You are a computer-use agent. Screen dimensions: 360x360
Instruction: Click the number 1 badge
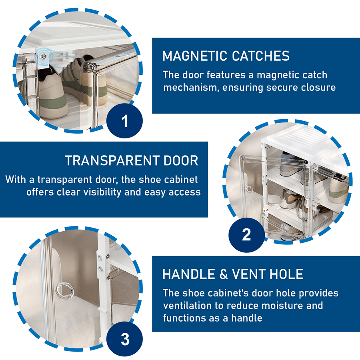tap(125, 121)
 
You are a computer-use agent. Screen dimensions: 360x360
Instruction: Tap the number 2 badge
tap(246, 235)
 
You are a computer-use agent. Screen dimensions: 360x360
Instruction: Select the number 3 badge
tap(125, 339)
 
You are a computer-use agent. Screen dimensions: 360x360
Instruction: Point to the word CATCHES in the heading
tap(260, 56)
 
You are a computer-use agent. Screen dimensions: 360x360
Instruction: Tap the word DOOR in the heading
tap(181, 160)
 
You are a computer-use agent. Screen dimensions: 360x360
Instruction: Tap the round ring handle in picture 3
tap(65, 290)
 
